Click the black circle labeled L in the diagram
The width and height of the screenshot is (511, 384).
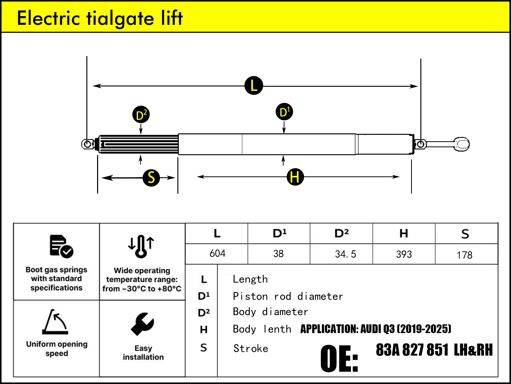click(254, 86)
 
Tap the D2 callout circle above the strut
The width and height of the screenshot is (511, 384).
click(141, 114)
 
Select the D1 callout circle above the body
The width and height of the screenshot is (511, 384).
click(284, 112)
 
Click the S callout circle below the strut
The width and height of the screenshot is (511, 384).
click(151, 177)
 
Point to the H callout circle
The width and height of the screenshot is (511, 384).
click(295, 177)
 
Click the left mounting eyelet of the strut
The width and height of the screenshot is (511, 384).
click(87, 144)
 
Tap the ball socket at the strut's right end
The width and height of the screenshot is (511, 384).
click(462, 144)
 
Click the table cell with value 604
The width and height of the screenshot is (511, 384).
click(217, 253)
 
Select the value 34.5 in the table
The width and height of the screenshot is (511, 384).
click(345, 254)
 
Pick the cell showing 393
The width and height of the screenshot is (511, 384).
click(404, 254)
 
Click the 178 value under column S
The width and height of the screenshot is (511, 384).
click(464, 255)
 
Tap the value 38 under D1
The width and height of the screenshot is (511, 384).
click(278, 254)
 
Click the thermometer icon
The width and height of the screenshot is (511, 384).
click(141, 246)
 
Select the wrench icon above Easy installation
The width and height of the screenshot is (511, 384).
click(143, 324)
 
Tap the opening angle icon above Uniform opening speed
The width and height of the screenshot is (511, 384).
click(55, 322)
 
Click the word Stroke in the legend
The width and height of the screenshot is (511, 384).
click(251, 348)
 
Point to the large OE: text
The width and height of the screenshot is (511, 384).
click(339, 358)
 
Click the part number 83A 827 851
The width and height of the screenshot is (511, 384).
click(412, 350)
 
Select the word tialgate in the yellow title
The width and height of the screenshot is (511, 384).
click(120, 18)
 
